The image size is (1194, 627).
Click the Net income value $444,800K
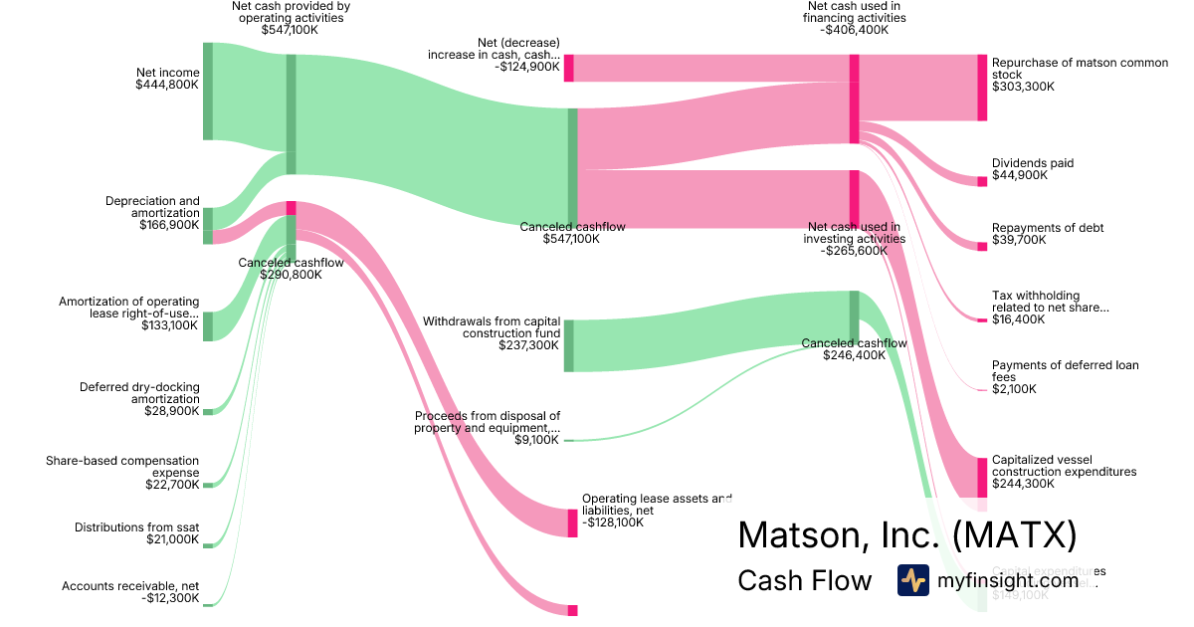click(167, 86)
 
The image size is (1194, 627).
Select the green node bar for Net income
click(208, 92)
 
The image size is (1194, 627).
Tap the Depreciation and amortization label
click(152, 207)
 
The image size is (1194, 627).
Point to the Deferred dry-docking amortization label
click(139, 393)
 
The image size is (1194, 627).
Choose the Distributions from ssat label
click(137, 527)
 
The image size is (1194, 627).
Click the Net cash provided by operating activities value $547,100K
click(290, 30)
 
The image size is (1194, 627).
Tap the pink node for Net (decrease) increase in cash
click(569, 68)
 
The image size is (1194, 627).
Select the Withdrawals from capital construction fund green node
click(569, 345)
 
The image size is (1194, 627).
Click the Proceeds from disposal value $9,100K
click(537, 440)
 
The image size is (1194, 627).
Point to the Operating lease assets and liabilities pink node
click(572, 522)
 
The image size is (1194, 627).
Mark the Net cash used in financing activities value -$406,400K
click(856, 30)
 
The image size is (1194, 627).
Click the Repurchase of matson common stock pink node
click(982, 88)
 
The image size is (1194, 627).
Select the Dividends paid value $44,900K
click(1020, 176)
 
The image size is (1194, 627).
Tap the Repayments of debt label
click(1047, 228)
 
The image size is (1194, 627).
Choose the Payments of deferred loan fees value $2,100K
click(1014, 389)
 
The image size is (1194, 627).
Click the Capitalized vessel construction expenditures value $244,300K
click(1024, 484)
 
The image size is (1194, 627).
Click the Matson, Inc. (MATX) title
click(906, 535)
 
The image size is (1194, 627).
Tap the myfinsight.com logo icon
click(912, 580)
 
